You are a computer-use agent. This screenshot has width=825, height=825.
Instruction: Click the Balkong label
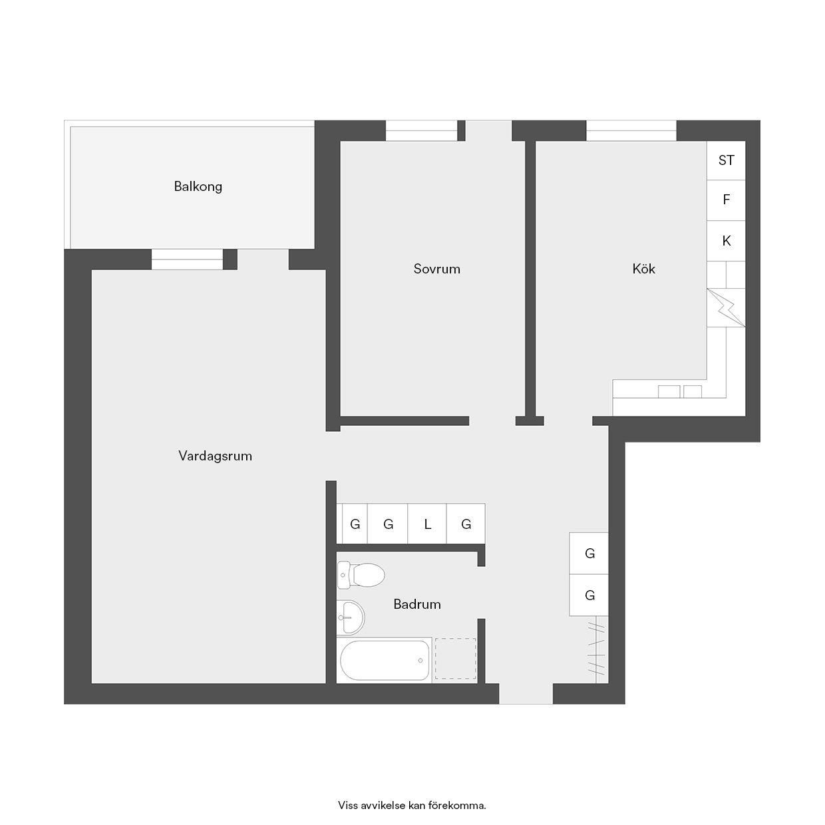point(198,187)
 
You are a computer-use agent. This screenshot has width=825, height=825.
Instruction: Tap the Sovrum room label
point(436,269)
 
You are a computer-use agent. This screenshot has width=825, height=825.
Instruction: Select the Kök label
point(643,269)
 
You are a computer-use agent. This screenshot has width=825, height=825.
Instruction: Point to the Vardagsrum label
point(215,456)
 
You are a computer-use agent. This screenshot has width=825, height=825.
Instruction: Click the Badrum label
point(416,604)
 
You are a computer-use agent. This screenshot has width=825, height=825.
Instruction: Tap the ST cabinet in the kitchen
point(726,160)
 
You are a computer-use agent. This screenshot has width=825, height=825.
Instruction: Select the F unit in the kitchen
point(726,200)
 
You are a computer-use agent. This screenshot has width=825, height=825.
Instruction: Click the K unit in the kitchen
point(726,241)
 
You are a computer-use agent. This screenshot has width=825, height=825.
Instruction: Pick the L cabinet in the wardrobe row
point(427,524)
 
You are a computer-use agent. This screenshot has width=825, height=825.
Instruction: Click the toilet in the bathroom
point(361,575)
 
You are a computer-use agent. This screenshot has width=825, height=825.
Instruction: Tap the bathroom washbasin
point(351,617)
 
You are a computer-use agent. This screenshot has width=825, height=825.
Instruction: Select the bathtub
point(384,660)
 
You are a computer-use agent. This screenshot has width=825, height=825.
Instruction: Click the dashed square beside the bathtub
point(455,659)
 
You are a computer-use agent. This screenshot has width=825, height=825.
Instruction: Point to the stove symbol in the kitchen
point(726,308)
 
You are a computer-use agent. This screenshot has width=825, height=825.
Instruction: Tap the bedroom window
point(422,130)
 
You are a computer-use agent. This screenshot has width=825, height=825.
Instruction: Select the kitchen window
point(631,130)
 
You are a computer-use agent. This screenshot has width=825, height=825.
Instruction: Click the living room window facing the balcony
point(187,259)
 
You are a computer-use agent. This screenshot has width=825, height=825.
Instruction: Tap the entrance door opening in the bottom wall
point(526,693)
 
